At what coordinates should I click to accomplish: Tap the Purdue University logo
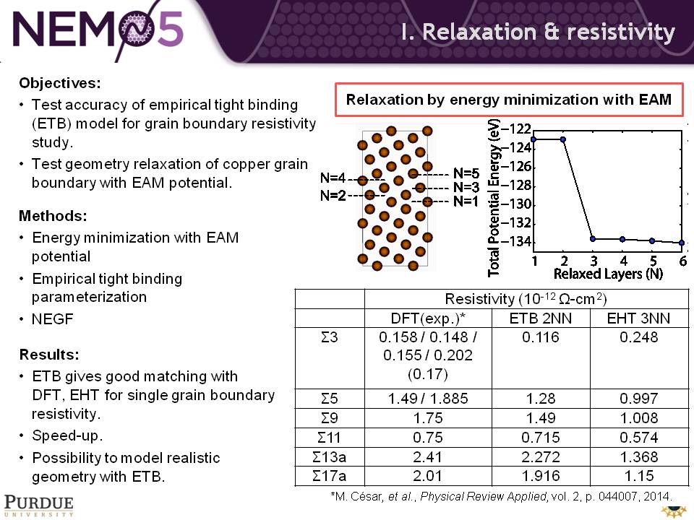click(39, 506)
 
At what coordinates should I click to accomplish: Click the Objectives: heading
click(60, 83)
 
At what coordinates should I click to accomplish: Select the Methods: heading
click(53, 216)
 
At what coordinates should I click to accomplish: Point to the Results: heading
click(49, 354)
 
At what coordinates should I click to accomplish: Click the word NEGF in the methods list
click(52, 318)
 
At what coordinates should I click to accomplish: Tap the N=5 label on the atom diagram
click(466, 173)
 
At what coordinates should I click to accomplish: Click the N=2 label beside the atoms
click(333, 195)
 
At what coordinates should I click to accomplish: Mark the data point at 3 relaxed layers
click(593, 239)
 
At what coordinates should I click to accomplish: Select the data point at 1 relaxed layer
click(534, 139)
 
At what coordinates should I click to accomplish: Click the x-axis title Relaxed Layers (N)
click(608, 274)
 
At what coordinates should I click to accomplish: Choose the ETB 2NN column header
click(541, 318)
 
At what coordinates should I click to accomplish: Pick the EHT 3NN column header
click(638, 318)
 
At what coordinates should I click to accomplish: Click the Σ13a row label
click(330, 456)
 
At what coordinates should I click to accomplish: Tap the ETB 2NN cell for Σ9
click(541, 418)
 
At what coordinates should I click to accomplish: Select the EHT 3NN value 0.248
click(638, 337)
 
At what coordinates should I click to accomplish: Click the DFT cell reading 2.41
click(427, 456)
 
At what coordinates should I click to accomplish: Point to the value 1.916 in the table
click(541, 476)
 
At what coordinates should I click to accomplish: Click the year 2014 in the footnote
click(657, 497)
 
